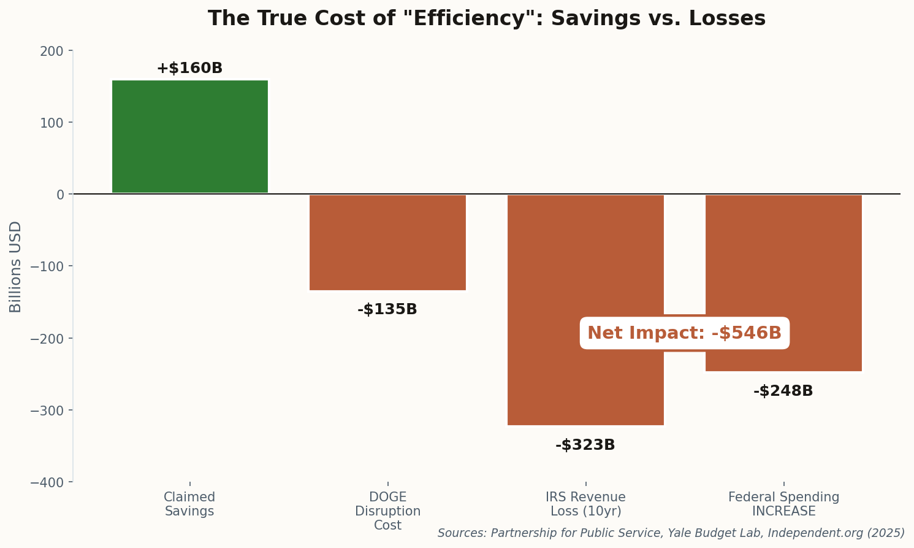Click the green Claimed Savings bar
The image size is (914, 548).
189,136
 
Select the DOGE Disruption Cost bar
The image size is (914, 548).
387,242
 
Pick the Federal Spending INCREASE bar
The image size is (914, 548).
783,258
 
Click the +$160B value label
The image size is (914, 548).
189,68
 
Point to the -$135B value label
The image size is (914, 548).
387,309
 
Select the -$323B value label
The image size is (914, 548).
585,445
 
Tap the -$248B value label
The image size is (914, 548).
783,391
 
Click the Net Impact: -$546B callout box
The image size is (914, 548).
684,333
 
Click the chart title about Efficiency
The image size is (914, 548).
487,18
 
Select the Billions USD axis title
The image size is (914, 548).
15,266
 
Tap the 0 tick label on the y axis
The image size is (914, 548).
60,195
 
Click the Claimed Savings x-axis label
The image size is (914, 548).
189,504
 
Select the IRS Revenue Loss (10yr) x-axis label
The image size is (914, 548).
585,504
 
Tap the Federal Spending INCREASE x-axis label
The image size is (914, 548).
783,504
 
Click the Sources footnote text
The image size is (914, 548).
671,533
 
